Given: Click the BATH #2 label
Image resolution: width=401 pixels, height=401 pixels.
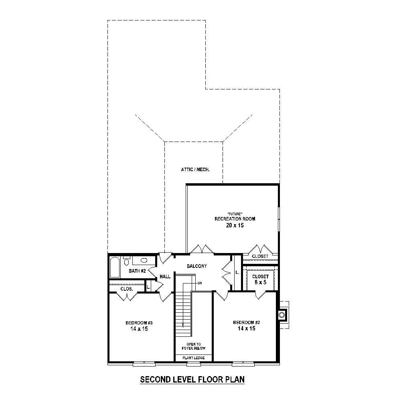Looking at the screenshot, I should pyautogui.click(x=137, y=271).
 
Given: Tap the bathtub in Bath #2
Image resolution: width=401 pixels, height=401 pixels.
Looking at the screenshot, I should pyautogui.click(x=115, y=267).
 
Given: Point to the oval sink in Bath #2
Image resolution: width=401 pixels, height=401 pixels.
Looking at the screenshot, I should pyautogui.click(x=144, y=261).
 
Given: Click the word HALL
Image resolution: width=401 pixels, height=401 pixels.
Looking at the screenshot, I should pyautogui.click(x=165, y=277).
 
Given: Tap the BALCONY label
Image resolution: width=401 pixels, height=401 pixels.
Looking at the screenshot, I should pyautogui.click(x=196, y=266).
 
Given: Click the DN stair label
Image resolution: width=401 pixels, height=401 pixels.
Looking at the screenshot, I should pyautogui.click(x=199, y=283).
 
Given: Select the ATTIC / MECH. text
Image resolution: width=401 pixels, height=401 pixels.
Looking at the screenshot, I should pyautogui.click(x=196, y=170).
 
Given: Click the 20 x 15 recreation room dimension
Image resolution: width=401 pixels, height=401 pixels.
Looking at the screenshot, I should pyautogui.click(x=235, y=226).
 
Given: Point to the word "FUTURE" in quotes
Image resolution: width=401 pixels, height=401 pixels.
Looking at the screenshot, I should pyautogui.click(x=235, y=213).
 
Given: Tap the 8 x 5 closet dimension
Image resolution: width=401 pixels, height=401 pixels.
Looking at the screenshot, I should pyautogui.click(x=260, y=283).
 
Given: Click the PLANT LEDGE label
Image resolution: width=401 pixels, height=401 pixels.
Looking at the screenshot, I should pyautogui.click(x=194, y=358).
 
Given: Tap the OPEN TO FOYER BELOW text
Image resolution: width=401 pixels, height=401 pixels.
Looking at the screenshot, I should pyautogui.click(x=194, y=346).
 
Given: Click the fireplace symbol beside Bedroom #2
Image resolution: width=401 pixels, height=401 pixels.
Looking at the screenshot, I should pyautogui.click(x=283, y=314).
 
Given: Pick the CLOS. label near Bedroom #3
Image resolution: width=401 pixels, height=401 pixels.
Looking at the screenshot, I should pyautogui.click(x=127, y=289).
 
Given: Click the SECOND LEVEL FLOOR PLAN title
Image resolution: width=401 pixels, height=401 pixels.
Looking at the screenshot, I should pyautogui.click(x=192, y=379).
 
